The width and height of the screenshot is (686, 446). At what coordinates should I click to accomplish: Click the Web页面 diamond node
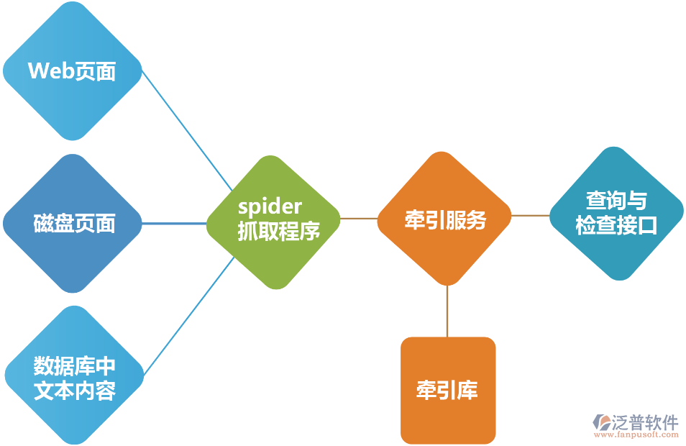coord(72,71)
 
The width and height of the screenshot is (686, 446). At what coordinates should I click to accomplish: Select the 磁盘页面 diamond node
coord(73,223)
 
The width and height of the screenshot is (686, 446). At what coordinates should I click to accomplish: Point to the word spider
coord(270,207)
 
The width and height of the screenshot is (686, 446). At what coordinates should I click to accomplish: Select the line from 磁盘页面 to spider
coord(175,223)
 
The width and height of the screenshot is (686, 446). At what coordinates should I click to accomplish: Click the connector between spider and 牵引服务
coord(359,218)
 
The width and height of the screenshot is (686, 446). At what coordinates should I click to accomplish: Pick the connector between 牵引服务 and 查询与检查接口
coord(531,215)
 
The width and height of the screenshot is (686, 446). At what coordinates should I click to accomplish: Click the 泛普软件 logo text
coord(645,422)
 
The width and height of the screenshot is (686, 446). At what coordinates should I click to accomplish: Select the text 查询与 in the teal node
coord(616,200)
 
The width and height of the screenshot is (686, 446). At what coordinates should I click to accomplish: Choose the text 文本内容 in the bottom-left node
coord(75,391)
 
